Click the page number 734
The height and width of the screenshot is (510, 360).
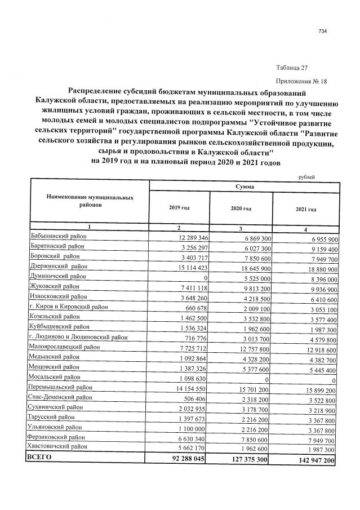coord(323,31)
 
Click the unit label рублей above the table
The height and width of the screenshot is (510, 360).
coord(305,177)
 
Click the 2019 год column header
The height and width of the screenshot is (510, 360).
coord(179,208)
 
